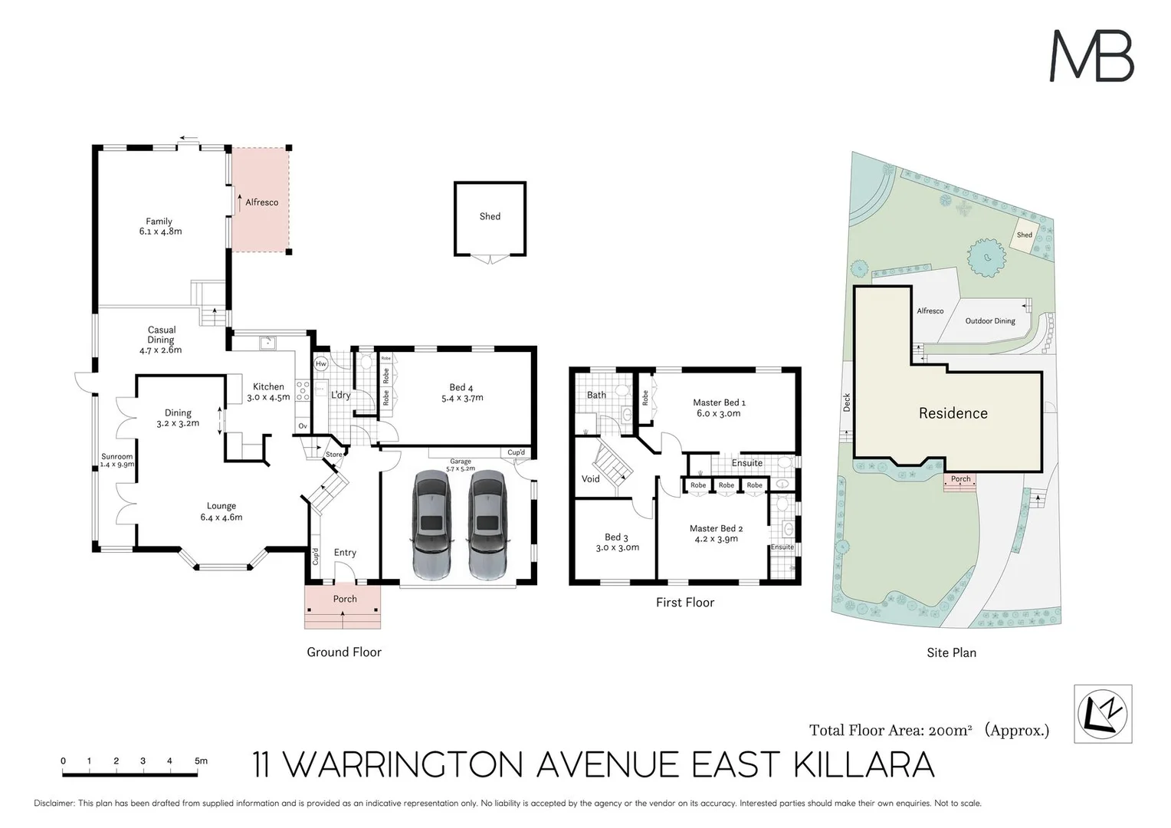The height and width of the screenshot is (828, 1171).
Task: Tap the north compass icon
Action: pos(1103,715)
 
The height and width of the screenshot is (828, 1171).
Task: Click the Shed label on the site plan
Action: pos(1024,235)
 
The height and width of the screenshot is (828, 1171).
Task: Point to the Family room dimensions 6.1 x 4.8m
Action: pos(160,232)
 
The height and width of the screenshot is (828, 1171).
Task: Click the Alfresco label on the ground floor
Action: pos(262,202)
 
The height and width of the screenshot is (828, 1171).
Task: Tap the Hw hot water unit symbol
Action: pos(321,363)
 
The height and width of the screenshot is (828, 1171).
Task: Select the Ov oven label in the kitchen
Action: pos(303,426)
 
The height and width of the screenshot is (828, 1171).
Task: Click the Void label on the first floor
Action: pos(591,478)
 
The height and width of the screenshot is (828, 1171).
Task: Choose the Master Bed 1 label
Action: pos(720,402)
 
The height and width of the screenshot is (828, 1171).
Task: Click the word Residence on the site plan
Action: pos(953,413)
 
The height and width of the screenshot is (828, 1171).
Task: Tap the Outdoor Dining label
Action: pos(990,320)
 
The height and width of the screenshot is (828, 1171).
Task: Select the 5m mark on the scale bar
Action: pos(201,761)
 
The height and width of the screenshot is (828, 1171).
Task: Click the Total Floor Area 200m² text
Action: pos(891,730)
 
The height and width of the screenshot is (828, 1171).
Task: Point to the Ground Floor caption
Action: pos(344,652)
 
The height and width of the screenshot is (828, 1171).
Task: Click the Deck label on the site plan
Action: pos(847,402)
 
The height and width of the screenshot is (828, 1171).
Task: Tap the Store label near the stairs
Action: pos(334,454)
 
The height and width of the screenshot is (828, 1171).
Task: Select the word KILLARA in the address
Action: pos(864,764)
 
